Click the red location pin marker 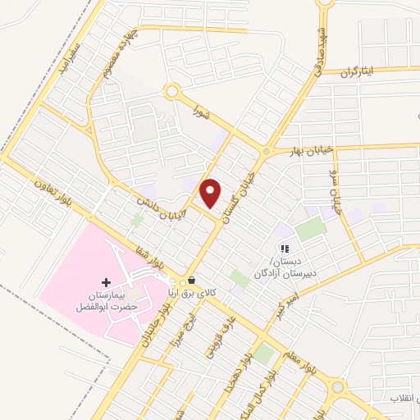[x=212, y=193]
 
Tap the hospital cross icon [x=105, y=282]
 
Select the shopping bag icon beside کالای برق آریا [x=191, y=280]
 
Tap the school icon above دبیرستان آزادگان [x=284, y=249]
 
